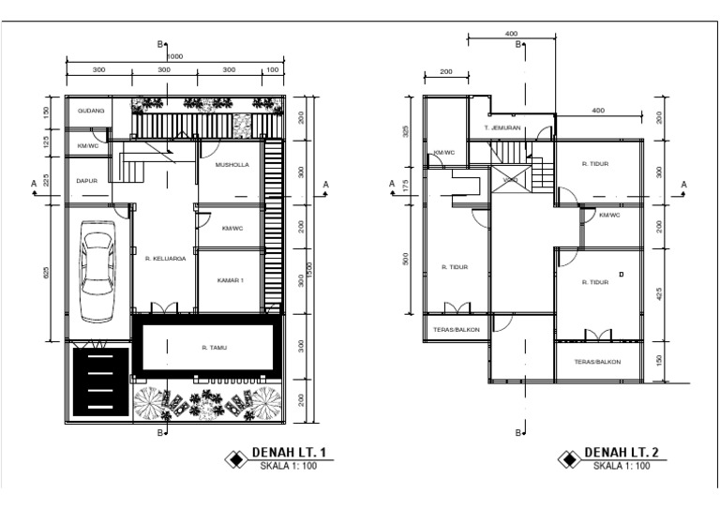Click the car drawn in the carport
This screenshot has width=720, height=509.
click(x=97, y=271)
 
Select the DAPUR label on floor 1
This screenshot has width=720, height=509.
click(x=87, y=180)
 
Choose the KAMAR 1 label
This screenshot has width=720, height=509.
click(x=231, y=280)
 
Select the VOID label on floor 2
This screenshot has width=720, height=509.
click(x=510, y=180)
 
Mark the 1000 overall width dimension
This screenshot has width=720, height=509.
click(x=175, y=56)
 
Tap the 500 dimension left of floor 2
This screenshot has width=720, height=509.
click(x=405, y=258)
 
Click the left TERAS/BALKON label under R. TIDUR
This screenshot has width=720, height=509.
click(x=454, y=330)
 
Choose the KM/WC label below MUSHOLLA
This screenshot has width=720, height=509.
click(x=232, y=228)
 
